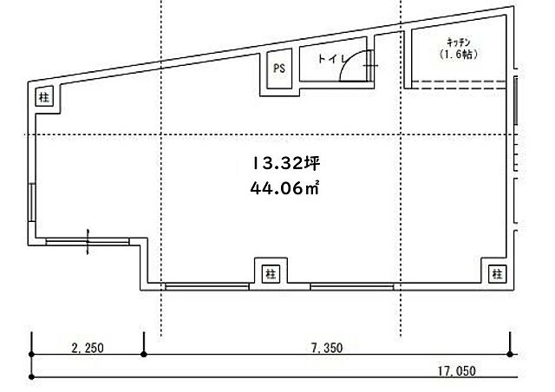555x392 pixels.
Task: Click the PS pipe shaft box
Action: click(279, 69)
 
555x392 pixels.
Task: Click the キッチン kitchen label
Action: click(459, 43)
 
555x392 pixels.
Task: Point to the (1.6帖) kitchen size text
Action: click(459, 55)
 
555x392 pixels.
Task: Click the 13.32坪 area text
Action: click(286, 164)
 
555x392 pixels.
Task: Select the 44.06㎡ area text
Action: click(285, 188)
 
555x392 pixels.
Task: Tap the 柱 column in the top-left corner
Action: click(44, 96)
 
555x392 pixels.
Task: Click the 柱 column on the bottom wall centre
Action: click(271, 274)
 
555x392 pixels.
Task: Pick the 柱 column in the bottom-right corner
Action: click(497, 274)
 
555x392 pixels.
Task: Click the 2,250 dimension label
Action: click(88, 348)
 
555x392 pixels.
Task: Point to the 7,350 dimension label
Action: click(327, 348)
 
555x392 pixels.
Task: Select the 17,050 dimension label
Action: click(457, 371)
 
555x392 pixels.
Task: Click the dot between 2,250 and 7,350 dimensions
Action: click(143, 354)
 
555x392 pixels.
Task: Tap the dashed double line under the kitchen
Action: click(459, 85)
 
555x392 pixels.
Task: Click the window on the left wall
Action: click(32, 203)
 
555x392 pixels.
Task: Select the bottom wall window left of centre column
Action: click(207, 286)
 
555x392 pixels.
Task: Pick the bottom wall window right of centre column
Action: click(352, 286)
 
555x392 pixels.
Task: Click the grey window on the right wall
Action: click(516, 101)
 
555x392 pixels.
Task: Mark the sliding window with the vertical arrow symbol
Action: click(88, 242)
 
